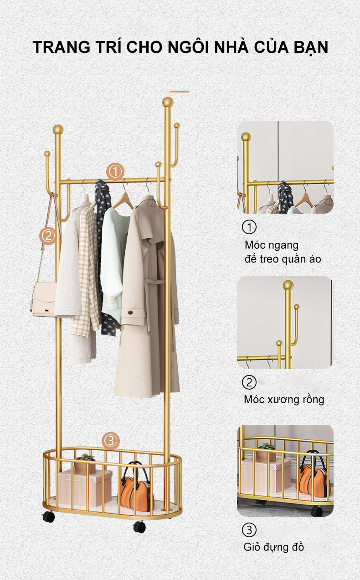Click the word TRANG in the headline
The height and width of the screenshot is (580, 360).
point(62,47)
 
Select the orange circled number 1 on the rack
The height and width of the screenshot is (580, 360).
point(115,171)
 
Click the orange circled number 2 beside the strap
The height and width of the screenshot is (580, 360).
point(48,236)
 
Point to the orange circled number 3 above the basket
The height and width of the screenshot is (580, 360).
point(111,441)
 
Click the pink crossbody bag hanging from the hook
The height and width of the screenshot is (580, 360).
point(43,299)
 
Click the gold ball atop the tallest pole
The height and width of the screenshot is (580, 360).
point(168,102)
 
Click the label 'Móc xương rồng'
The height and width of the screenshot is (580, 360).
point(284,400)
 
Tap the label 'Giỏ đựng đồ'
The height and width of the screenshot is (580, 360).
point(273,547)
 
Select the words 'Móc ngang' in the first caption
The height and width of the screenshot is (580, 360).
point(272,245)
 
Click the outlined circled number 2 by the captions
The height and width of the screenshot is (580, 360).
point(249,382)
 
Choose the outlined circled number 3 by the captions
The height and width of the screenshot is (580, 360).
point(249,530)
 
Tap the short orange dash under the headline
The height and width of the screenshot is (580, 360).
point(180,92)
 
